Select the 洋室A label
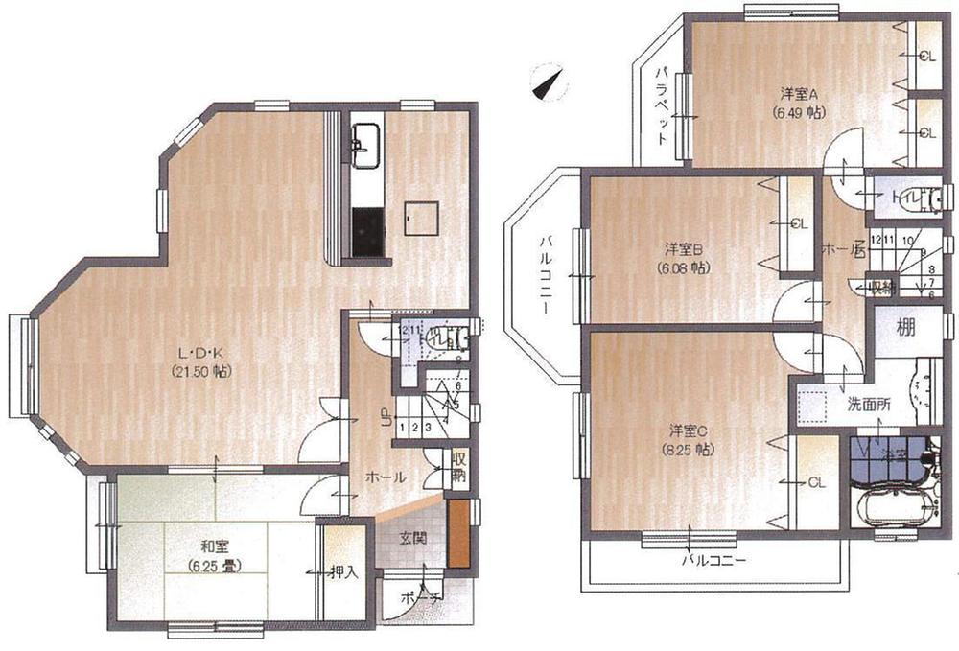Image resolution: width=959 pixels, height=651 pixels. pyautogui.click(x=797, y=94)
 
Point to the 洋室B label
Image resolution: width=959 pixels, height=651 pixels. pyautogui.click(x=683, y=251)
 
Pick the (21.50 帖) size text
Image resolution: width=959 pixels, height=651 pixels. pyautogui.click(x=204, y=370)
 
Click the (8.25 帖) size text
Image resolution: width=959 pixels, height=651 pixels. pyautogui.click(x=686, y=448)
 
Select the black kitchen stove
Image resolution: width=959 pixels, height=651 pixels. pyautogui.click(x=365, y=233)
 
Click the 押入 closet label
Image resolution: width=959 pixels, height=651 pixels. pyautogui.click(x=343, y=573)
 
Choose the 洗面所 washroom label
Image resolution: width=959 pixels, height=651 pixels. pyautogui.click(x=868, y=404)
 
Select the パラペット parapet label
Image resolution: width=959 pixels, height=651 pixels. pyautogui.click(x=662, y=105)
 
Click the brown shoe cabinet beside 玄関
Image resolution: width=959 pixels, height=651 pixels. pyautogui.click(x=457, y=533)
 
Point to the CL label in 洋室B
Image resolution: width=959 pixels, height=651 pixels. pyautogui.click(x=799, y=224)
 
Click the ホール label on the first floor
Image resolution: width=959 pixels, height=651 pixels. pyautogui.click(x=383, y=477)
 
